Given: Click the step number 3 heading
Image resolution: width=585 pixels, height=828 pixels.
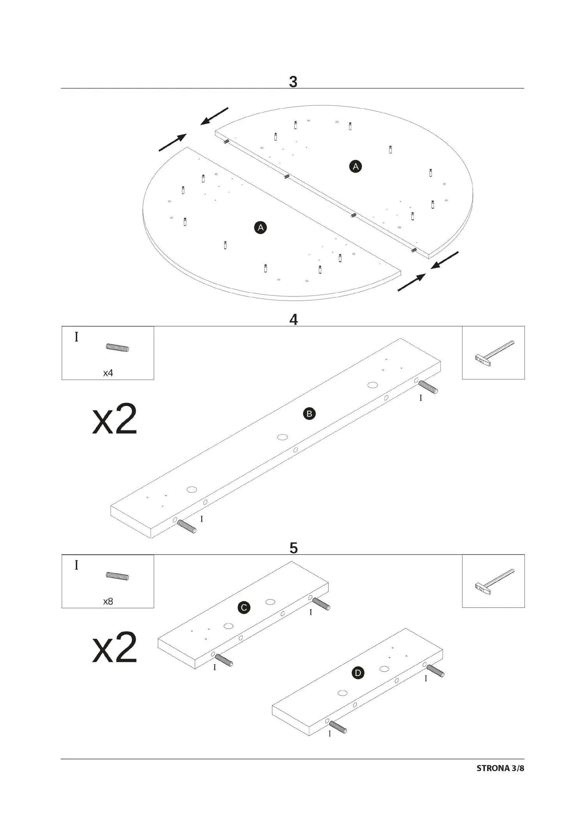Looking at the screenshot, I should [x=293, y=82].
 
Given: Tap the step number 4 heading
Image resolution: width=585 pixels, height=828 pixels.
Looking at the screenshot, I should [x=293, y=320].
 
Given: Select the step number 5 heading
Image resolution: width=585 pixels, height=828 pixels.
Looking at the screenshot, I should [x=293, y=548].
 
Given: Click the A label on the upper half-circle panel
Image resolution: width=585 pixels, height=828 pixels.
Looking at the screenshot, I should [x=355, y=167].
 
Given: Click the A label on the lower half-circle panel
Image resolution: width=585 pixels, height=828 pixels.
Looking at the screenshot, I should [x=261, y=228].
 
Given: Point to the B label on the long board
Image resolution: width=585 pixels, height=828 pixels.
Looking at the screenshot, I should [x=309, y=414].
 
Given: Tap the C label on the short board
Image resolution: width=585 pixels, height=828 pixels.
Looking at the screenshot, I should [x=244, y=608].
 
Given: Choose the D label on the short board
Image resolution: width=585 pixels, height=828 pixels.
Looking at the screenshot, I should [x=358, y=673].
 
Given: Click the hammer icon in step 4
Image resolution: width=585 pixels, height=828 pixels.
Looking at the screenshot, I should [x=494, y=353].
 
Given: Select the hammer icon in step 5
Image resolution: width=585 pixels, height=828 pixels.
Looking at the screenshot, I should [x=494, y=581].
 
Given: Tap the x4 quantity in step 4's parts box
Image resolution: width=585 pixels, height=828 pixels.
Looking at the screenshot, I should [x=108, y=373].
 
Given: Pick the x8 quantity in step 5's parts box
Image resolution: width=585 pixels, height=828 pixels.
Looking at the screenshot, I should [x=108, y=601].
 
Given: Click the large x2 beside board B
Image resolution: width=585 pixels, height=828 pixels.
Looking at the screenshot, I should [x=115, y=419].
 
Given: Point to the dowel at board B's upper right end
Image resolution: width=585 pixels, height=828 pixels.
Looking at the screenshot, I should [x=428, y=387].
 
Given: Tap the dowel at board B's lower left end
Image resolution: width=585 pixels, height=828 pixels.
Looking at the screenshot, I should [x=187, y=527].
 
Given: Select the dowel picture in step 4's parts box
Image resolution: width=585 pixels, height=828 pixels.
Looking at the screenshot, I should [x=117, y=348].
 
